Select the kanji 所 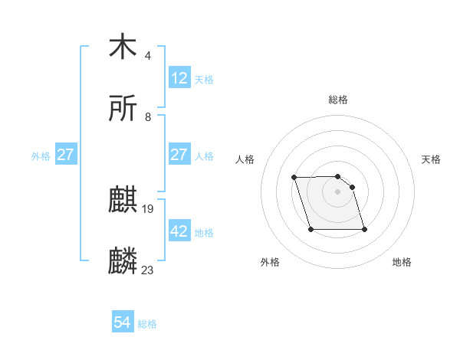[123, 109]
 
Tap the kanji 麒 [123, 200]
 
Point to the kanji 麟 [123, 261]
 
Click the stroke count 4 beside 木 [148, 55]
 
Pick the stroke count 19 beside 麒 [149, 208]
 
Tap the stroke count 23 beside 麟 [148, 270]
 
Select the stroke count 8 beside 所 [148, 117]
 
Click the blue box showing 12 [179, 78]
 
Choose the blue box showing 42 [179, 231]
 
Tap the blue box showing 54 [123, 323]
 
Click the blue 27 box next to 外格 [66, 155]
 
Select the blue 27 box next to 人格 [179, 155]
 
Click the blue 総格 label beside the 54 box [147, 324]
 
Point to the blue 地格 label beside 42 [204, 232]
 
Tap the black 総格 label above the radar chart [338, 100]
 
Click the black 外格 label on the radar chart [270, 262]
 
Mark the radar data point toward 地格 [364, 229]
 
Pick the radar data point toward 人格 [294, 178]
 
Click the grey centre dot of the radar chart [338, 191]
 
